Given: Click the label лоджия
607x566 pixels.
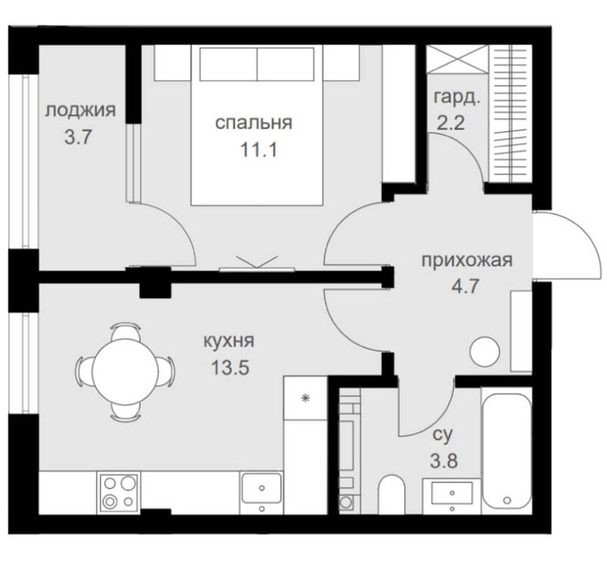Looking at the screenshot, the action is click(x=81, y=111).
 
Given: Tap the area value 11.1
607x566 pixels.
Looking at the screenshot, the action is click(x=259, y=150).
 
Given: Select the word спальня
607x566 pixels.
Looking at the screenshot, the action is click(x=254, y=123).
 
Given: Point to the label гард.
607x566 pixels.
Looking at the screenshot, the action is click(x=457, y=98).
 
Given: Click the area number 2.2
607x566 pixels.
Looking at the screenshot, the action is click(x=451, y=123).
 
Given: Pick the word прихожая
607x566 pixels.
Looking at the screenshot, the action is click(x=467, y=260).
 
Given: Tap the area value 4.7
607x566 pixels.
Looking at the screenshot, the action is click(x=466, y=287).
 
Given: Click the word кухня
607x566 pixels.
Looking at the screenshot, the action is click(x=230, y=341).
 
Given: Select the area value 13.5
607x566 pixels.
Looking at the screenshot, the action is click(x=230, y=367).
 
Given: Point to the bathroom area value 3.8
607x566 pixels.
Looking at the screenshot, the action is click(x=444, y=461).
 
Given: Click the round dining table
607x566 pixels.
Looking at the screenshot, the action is click(x=124, y=371).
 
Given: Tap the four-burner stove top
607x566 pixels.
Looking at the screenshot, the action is click(x=120, y=492).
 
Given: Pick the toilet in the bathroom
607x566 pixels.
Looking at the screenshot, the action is click(x=391, y=495).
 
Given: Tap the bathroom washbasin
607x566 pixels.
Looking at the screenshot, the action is click(x=452, y=496).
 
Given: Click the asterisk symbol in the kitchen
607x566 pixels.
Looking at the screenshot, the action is click(x=306, y=398).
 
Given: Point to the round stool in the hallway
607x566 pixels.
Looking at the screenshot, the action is click(x=485, y=352).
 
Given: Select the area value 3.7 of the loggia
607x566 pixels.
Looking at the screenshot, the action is click(x=78, y=137).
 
